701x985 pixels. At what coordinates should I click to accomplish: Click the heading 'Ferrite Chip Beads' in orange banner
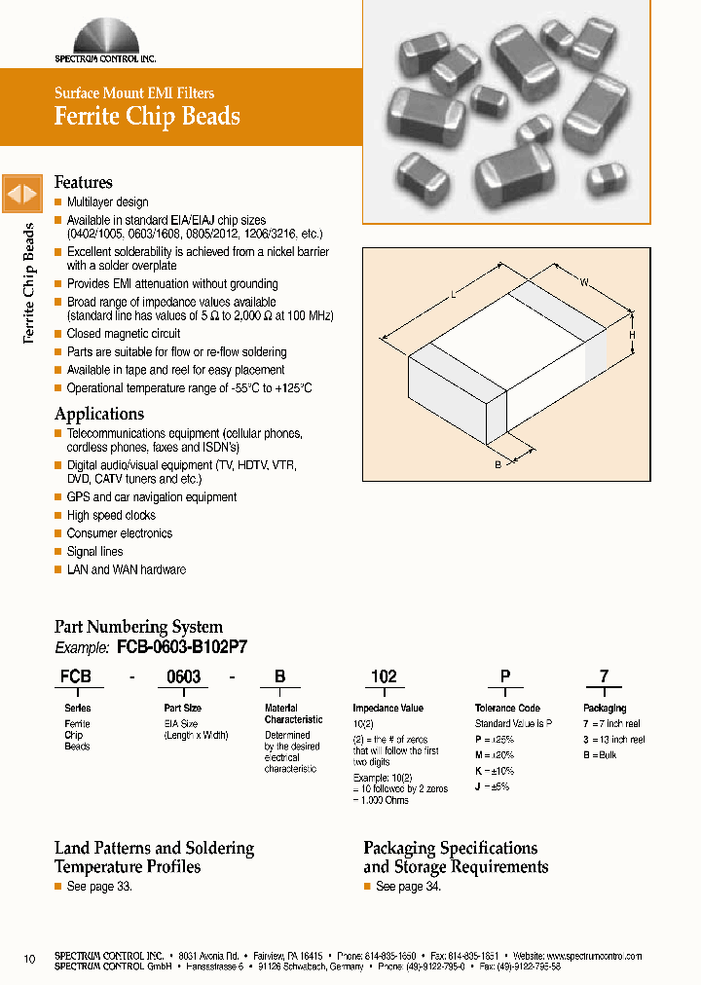click(x=147, y=116)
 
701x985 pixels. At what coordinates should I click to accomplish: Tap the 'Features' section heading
click(x=84, y=182)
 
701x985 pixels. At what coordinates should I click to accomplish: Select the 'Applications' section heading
click(x=99, y=414)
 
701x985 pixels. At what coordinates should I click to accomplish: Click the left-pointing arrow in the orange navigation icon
click(x=14, y=195)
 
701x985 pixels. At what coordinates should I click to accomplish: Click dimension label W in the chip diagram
click(x=584, y=283)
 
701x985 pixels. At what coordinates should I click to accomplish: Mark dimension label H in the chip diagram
click(x=632, y=335)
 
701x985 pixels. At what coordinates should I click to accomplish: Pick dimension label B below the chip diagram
click(x=498, y=465)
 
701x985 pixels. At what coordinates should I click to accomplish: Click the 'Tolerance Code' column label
click(x=507, y=709)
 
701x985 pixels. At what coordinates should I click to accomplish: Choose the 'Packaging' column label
click(x=605, y=709)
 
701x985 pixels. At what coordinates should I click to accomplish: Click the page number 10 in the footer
click(x=29, y=961)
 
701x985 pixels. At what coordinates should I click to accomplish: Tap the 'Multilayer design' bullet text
click(x=107, y=202)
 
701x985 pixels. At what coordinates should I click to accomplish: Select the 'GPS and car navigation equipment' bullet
click(x=151, y=497)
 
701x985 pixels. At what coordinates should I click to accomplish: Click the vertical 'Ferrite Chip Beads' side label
click(x=28, y=282)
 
